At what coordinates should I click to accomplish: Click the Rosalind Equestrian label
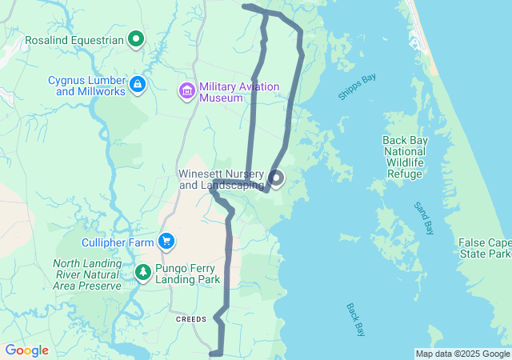[x=74, y=38]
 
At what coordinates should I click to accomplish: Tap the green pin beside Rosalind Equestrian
[x=136, y=38]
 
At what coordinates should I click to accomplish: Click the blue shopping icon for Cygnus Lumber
[x=138, y=83]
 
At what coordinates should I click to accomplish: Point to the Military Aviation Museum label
[x=238, y=92]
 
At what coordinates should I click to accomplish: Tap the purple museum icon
[x=187, y=91]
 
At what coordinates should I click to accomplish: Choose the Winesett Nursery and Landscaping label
[x=222, y=179]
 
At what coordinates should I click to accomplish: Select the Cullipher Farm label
[x=118, y=242]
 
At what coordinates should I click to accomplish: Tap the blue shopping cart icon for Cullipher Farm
[x=166, y=241]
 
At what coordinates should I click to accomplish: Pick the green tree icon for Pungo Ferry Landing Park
[x=143, y=273]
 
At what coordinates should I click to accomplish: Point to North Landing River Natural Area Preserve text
[x=87, y=274]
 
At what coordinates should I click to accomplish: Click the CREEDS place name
[x=191, y=318]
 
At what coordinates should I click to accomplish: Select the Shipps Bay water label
[x=357, y=86]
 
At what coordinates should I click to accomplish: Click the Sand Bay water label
[x=423, y=218]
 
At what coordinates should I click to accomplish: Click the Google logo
[x=26, y=350]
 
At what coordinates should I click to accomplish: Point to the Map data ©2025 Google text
[x=462, y=354]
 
